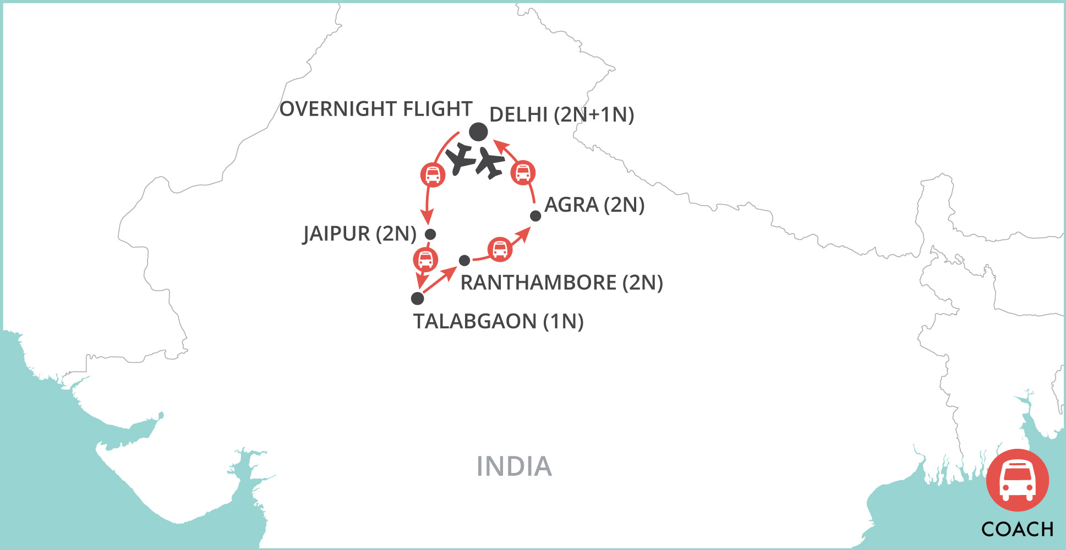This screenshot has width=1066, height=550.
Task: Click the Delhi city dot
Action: point(478,132)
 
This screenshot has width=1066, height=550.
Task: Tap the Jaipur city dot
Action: point(430,234)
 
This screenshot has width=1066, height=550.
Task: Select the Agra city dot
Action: point(535,216)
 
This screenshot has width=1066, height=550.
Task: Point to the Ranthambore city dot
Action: point(464,260)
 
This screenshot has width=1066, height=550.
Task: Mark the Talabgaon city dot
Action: point(418,298)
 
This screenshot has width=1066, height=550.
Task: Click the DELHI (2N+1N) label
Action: point(561,115)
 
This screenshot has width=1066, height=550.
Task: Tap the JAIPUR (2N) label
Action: point(359,234)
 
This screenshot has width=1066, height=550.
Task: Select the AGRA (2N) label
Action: point(594,205)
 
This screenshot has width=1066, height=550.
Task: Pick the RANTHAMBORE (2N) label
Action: point(561,283)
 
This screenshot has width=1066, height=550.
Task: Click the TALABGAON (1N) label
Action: point(498,321)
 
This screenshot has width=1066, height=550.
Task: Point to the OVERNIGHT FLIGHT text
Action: point(376,109)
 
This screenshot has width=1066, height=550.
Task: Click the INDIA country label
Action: point(514,466)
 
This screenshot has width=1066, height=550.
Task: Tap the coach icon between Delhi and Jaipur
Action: point(433,175)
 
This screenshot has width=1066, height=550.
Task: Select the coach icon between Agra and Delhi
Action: point(522,173)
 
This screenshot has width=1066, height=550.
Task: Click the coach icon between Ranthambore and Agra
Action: point(500,249)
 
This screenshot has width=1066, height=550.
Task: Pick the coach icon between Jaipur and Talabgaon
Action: point(425,259)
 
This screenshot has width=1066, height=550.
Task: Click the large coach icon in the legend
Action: point(1017,480)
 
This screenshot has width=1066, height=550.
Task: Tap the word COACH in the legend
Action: point(1017,529)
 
